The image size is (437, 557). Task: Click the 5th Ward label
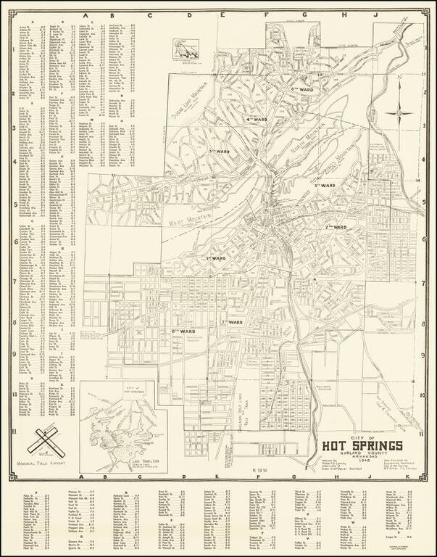click(x=219, y=151)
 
